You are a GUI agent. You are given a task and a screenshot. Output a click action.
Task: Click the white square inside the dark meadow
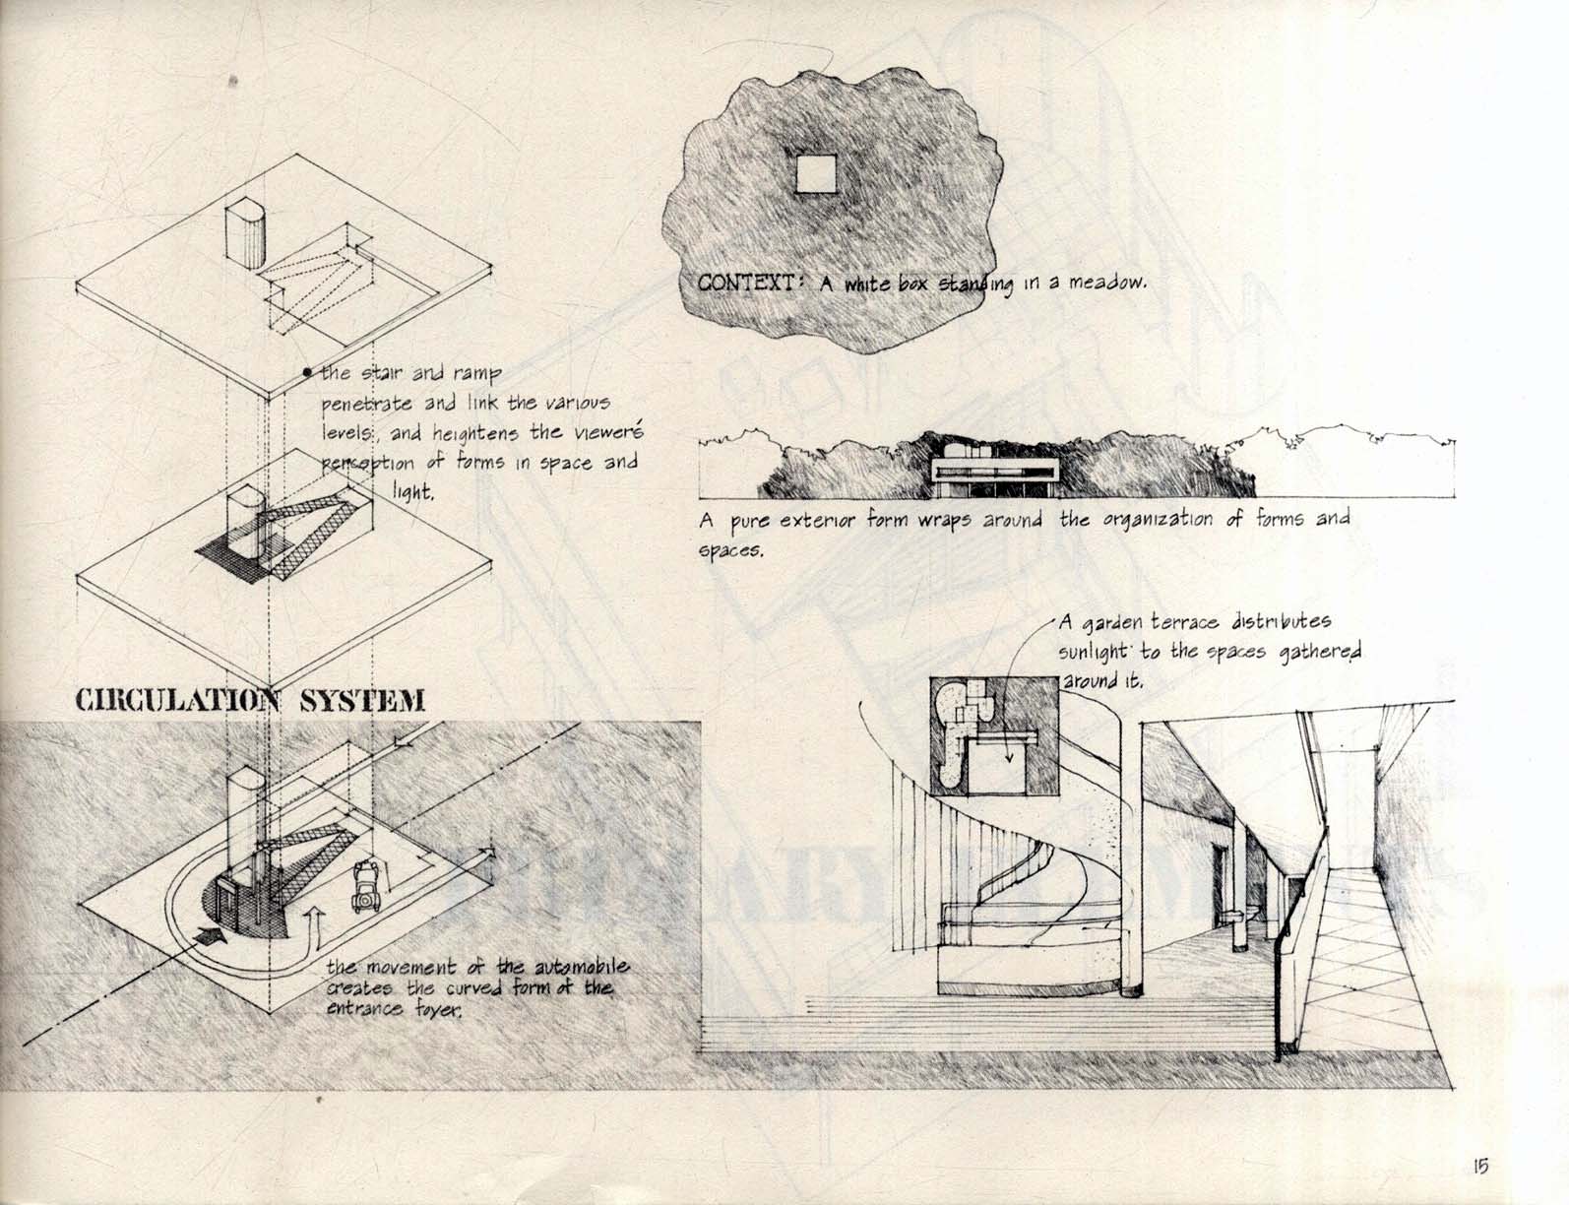coord(817,175)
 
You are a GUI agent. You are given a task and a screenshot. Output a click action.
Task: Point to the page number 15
coord(1479,1167)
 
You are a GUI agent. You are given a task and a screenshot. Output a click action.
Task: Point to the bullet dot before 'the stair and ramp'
coord(307,372)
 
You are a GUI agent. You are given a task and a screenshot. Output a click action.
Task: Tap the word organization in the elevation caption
coord(1138,519)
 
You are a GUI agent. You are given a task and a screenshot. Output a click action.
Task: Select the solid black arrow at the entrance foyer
coord(210,936)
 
